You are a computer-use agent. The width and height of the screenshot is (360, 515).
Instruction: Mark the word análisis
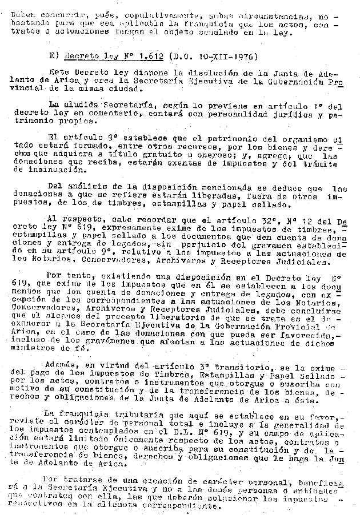(x=92, y=188)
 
